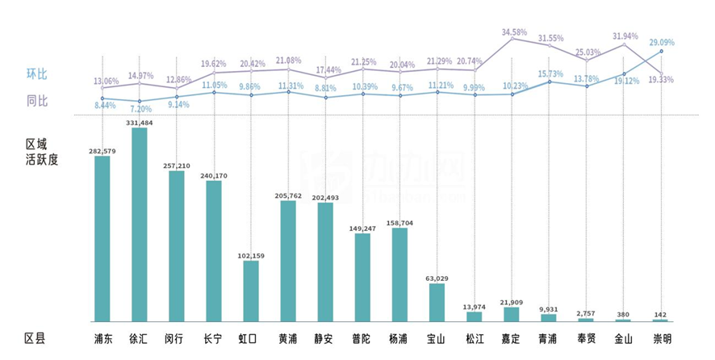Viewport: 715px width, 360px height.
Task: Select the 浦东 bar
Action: pos(102,239)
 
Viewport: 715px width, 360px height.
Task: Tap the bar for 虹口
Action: pos(251,291)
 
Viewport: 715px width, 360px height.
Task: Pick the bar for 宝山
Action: pos(437,303)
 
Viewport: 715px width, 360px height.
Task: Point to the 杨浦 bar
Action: pos(399,274)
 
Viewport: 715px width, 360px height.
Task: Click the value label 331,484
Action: pos(139,122)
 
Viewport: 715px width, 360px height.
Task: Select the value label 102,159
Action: pos(251,256)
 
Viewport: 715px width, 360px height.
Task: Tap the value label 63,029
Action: pos(437,278)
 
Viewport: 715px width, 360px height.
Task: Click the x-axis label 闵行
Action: pos(176,338)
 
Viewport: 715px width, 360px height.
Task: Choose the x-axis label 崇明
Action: pos(662,338)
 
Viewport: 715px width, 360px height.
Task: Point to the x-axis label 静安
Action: pos(325,338)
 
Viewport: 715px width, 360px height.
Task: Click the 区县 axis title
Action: pos(36,338)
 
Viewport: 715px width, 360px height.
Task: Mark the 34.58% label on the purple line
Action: pos(514,32)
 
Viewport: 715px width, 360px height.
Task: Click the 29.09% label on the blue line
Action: pos(661,42)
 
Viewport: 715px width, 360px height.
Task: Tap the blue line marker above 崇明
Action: pos(662,51)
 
